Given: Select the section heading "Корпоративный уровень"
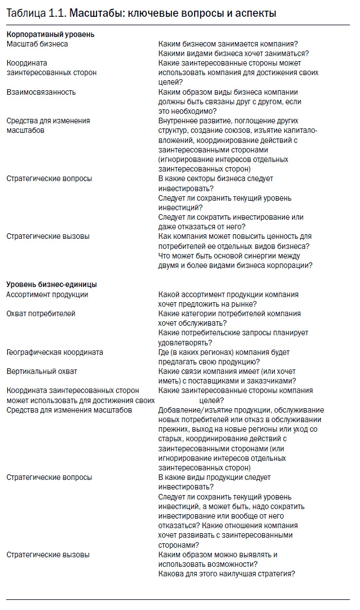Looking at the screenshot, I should [50, 34].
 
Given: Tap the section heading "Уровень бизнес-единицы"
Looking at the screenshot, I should [52, 284].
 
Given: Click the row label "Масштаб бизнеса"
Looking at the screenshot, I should [38, 44].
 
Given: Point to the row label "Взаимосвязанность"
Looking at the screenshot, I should [41, 92].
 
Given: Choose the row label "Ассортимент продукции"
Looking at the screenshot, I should [47, 294].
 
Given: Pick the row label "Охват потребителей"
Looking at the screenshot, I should [41, 313].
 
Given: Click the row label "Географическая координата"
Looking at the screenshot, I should [54, 352].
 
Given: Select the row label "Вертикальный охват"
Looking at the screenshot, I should [42, 371].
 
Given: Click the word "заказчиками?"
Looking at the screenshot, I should [273, 381].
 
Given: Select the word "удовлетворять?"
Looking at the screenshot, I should [185, 342].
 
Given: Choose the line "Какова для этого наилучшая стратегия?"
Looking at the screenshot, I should [227, 574].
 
